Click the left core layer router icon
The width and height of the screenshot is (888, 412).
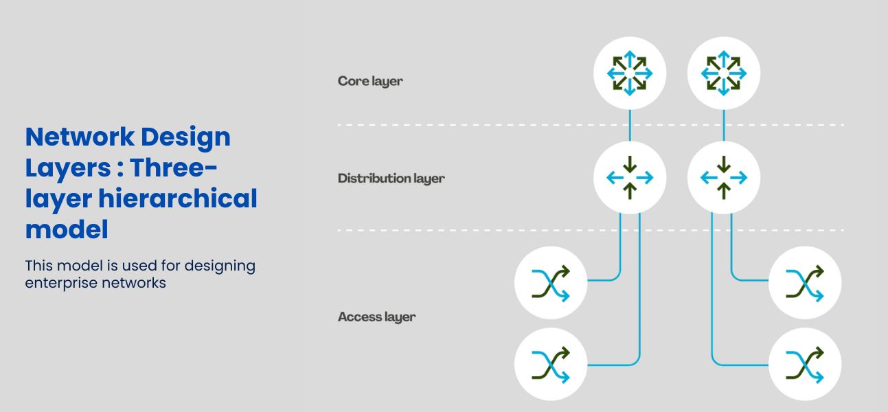(x=630, y=73)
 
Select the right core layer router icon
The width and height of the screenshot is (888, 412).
(x=724, y=73)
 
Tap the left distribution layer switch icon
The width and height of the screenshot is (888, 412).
(x=630, y=178)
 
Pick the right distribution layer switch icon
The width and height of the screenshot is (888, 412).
(x=724, y=178)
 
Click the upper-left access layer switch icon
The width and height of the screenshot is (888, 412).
(x=551, y=283)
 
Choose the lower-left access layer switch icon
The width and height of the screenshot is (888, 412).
(x=551, y=364)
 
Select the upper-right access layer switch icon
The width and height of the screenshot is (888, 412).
(x=804, y=283)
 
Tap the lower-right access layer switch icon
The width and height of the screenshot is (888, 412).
(x=804, y=364)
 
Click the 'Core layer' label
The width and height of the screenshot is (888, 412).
(x=370, y=81)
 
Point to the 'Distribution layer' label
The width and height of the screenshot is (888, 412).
(x=391, y=179)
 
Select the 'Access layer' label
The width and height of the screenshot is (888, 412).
(x=376, y=317)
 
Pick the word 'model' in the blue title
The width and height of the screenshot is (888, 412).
(x=66, y=229)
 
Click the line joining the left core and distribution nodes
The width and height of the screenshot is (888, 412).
(x=630, y=126)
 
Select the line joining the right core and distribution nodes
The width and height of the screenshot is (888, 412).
(x=724, y=126)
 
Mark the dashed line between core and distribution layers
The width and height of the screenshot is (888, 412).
(x=481, y=125)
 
